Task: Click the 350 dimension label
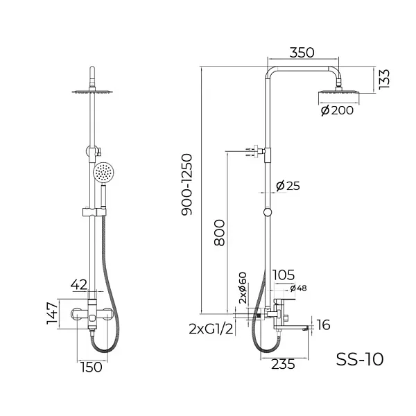pyautogui.click(x=302, y=53)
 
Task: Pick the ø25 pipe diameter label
pyautogui.click(x=287, y=186)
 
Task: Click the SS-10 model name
pyautogui.click(x=359, y=358)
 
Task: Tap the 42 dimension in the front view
pyautogui.click(x=80, y=284)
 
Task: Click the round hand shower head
pyautogui.click(x=104, y=173)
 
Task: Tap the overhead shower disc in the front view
pyautogui.click(x=93, y=90)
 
